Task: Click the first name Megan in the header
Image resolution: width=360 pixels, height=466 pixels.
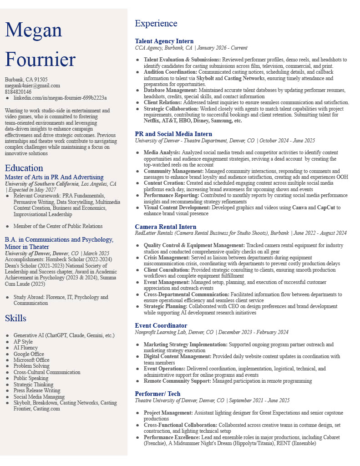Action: point(33,30)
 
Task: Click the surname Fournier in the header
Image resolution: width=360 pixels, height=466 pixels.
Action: point(40,60)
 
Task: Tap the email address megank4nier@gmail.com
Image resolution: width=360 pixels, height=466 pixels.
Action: point(32,86)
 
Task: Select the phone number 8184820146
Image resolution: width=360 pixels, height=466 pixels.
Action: point(18,92)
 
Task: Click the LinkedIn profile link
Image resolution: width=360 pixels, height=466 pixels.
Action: point(60,98)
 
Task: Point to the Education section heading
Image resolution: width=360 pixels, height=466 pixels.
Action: point(24,168)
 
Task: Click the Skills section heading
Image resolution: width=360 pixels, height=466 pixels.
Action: point(15,318)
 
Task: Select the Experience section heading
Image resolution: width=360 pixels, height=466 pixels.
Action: point(156,24)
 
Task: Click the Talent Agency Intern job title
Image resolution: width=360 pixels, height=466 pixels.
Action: point(164,41)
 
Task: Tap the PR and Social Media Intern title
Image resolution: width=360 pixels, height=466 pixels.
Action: point(173,134)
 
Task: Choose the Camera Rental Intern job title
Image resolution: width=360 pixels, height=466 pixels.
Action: point(166,227)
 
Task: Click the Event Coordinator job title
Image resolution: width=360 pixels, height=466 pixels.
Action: point(161,325)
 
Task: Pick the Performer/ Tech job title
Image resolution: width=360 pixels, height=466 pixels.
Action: point(157,394)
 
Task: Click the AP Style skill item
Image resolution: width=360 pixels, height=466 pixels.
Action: point(23,342)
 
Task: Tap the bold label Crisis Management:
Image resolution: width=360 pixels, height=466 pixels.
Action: point(166,258)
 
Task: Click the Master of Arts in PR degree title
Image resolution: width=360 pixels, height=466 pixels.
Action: point(54,177)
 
